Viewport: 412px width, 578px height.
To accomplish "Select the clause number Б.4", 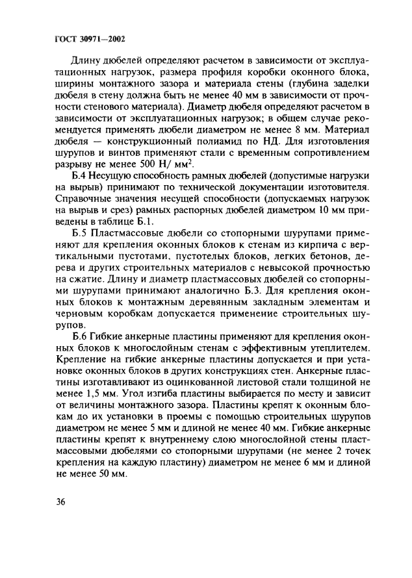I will pos(82,176).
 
